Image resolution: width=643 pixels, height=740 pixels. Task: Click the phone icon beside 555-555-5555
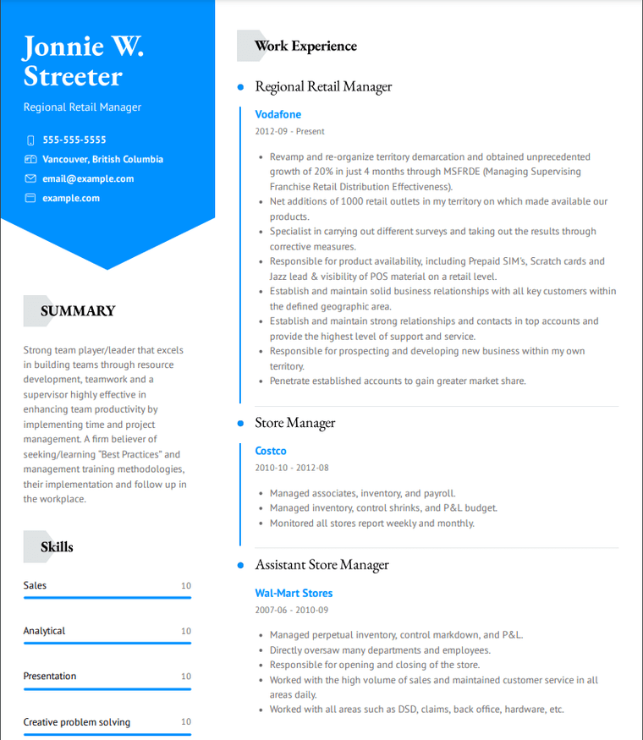click(x=30, y=140)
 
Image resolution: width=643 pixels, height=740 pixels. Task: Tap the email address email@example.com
click(x=88, y=179)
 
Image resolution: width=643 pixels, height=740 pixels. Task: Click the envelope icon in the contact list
click(x=30, y=179)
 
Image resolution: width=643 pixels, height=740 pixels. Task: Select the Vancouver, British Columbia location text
click(x=102, y=160)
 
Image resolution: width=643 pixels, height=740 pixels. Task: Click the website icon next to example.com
click(x=30, y=199)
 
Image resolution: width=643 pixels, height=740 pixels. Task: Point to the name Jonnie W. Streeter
click(x=83, y=61)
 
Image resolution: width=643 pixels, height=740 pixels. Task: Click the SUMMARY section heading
click(x=77, y=311)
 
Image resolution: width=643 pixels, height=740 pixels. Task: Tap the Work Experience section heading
click(x=305, y=47)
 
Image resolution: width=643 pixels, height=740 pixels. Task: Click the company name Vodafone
click(x=278, y=115)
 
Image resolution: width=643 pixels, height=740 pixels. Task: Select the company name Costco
click(x=271, y=452)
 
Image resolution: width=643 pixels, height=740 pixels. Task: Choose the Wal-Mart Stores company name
click(x=294, y=594)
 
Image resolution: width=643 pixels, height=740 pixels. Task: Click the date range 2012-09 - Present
click(x=289, y=132)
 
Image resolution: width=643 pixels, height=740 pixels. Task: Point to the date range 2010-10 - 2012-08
click(x=291, y=468)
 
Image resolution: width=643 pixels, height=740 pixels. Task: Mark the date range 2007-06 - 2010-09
click(x=291, y=610)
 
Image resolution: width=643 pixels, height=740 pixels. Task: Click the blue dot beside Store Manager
click(x=240, y=423)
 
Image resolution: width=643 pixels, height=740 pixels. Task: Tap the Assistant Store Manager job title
click(x=321, y=565)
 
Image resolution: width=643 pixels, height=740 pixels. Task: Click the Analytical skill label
click(x=44, y=631)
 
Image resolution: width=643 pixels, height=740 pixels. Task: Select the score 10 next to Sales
click(x=186, y=586)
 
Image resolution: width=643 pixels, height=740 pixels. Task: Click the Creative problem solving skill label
click(x=76, y=722)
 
